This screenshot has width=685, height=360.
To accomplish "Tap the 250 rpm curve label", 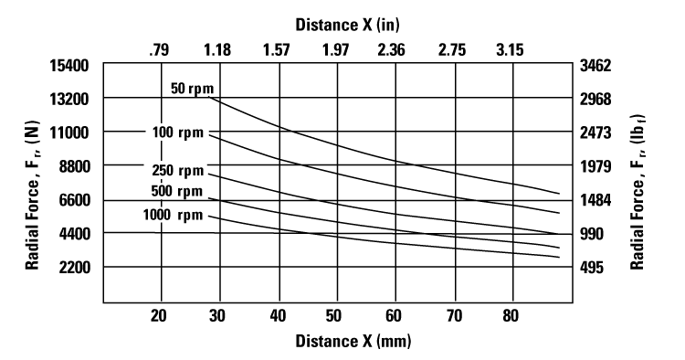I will pyautogui.click(x=177, y=171).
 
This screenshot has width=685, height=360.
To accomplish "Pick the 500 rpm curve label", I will pyautogui.click(x=177, y=191).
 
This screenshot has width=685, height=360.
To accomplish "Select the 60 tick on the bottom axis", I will pyautogui.click(x=395, y=316).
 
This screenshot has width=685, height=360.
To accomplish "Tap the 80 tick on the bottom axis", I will pyautogui.click(x=511, y=316).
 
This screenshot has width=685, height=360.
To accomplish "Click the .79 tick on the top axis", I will pyautogui.click(x=158, y=50).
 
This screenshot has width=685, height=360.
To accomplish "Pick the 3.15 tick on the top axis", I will pyautogui.click(x=510, y=50).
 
